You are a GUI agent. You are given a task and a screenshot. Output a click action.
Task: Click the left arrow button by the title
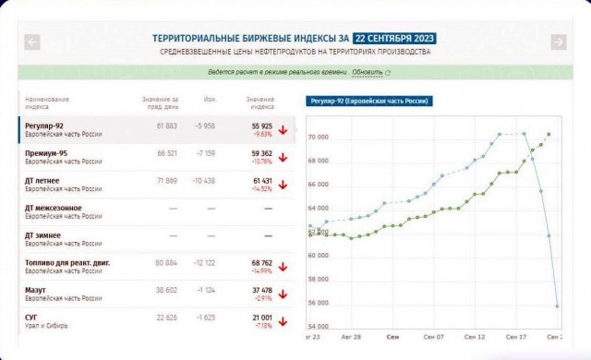(x=32, y=42)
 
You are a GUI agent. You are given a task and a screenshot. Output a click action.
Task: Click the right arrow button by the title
(x=558, y=42)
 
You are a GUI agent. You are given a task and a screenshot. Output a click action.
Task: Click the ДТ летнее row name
(x=43, y=181)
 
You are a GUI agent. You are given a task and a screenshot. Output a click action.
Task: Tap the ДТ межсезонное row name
(x=54, y=208)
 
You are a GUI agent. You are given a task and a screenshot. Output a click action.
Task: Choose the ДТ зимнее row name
(x=45, y=235)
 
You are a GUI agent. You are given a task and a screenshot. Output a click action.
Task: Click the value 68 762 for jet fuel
(x=261, y=263)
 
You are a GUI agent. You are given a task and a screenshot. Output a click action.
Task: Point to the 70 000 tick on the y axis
(x=319, y=138)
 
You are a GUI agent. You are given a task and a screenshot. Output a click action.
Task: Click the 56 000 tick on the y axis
(x=319, y=303)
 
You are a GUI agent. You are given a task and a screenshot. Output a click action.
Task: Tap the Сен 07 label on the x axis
(x=434, y=338)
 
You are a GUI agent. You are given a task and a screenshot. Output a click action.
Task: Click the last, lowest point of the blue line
(x=557, y=306)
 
